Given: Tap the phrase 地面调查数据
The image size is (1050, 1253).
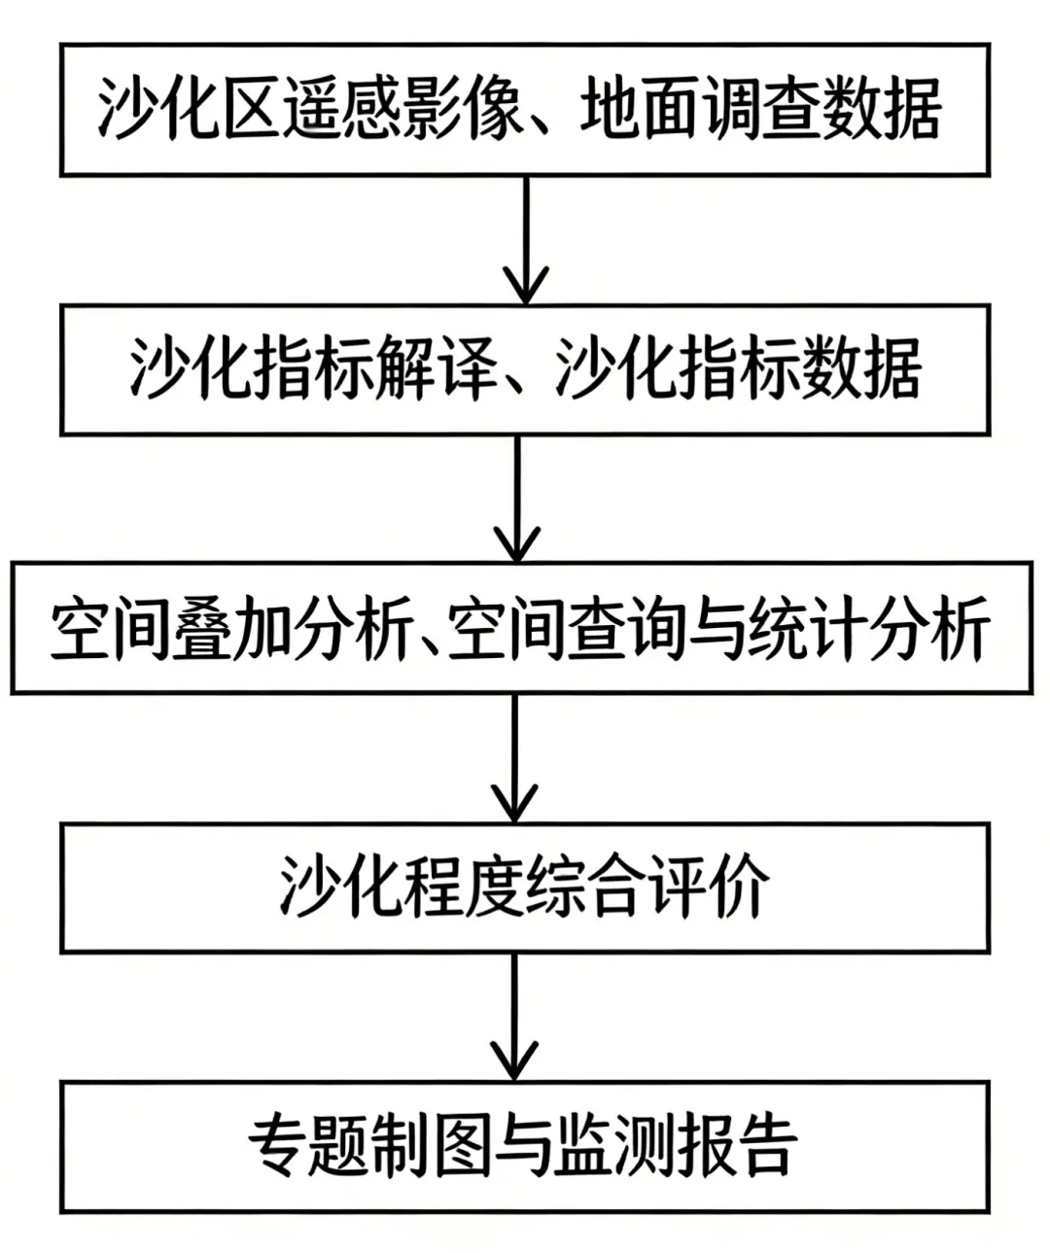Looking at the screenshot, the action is tap(760, 110).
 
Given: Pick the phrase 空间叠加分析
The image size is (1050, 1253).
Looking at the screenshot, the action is tap(228, 628).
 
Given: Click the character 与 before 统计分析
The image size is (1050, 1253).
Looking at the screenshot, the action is tap(714, 629).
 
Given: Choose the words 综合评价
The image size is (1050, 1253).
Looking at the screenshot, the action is tap(645, 887).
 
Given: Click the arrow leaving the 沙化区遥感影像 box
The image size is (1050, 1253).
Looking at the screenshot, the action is tap(526, 240).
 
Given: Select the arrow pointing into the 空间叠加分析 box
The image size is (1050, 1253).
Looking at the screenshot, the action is tap(517, 499).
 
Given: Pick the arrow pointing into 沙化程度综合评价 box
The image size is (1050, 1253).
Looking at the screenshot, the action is tap(514, 758).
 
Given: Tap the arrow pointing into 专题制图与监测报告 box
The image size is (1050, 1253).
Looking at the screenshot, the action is tap(514, 1017).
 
